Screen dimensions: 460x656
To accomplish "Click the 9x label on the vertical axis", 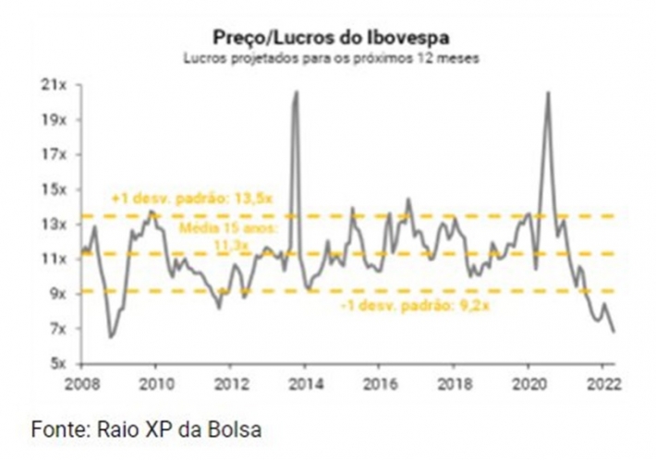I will click(x=57, y=294).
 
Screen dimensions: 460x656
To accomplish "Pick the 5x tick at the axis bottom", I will click(x=57, y=363).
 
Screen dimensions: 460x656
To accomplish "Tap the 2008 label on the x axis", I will click(x=80, y=381).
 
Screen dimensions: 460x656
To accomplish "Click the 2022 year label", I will click(x=601, y=381).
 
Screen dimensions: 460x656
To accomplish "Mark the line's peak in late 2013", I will click(x=297, y=91).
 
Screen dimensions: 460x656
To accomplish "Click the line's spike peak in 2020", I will click(x=549, y=92).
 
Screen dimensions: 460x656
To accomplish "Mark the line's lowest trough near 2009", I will click(x=111, y=337).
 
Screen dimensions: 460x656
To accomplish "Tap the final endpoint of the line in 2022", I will click(x=615, y=332).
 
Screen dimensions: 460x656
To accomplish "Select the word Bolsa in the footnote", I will click(x=238, y=430).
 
